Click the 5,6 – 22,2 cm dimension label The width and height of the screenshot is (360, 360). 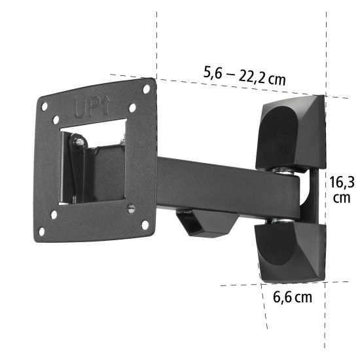(244, 77)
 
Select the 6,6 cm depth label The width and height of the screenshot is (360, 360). (292, 298)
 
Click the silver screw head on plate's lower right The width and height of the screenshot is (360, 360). (130, 208)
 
